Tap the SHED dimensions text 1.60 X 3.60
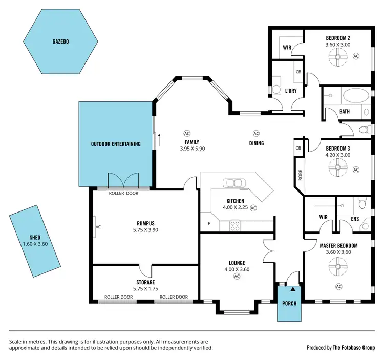tap(35, 244)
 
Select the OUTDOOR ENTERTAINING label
tap(116, 144)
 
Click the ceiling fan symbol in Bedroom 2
tap(338, 60)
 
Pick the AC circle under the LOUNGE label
tap(237, 277)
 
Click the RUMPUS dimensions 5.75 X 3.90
tap(145, 230)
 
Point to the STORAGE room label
tap(145, 282)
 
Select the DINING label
tap(257, 143)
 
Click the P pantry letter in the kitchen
tap(209, 223)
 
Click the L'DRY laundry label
tap(291, 91)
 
